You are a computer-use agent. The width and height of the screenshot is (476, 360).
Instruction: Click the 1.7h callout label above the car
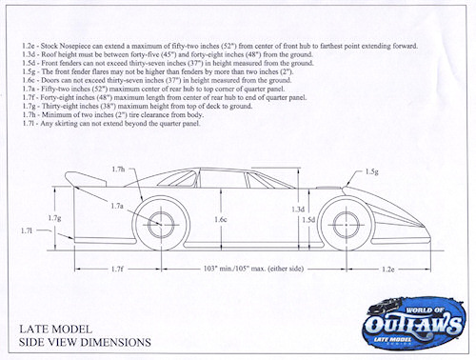117,170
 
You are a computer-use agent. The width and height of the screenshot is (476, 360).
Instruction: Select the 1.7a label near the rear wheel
117,206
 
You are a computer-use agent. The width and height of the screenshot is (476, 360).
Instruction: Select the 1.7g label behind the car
54,219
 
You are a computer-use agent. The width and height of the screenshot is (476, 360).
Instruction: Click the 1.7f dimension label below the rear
117,270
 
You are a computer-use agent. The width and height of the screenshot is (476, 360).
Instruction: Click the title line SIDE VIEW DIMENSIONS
85,341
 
